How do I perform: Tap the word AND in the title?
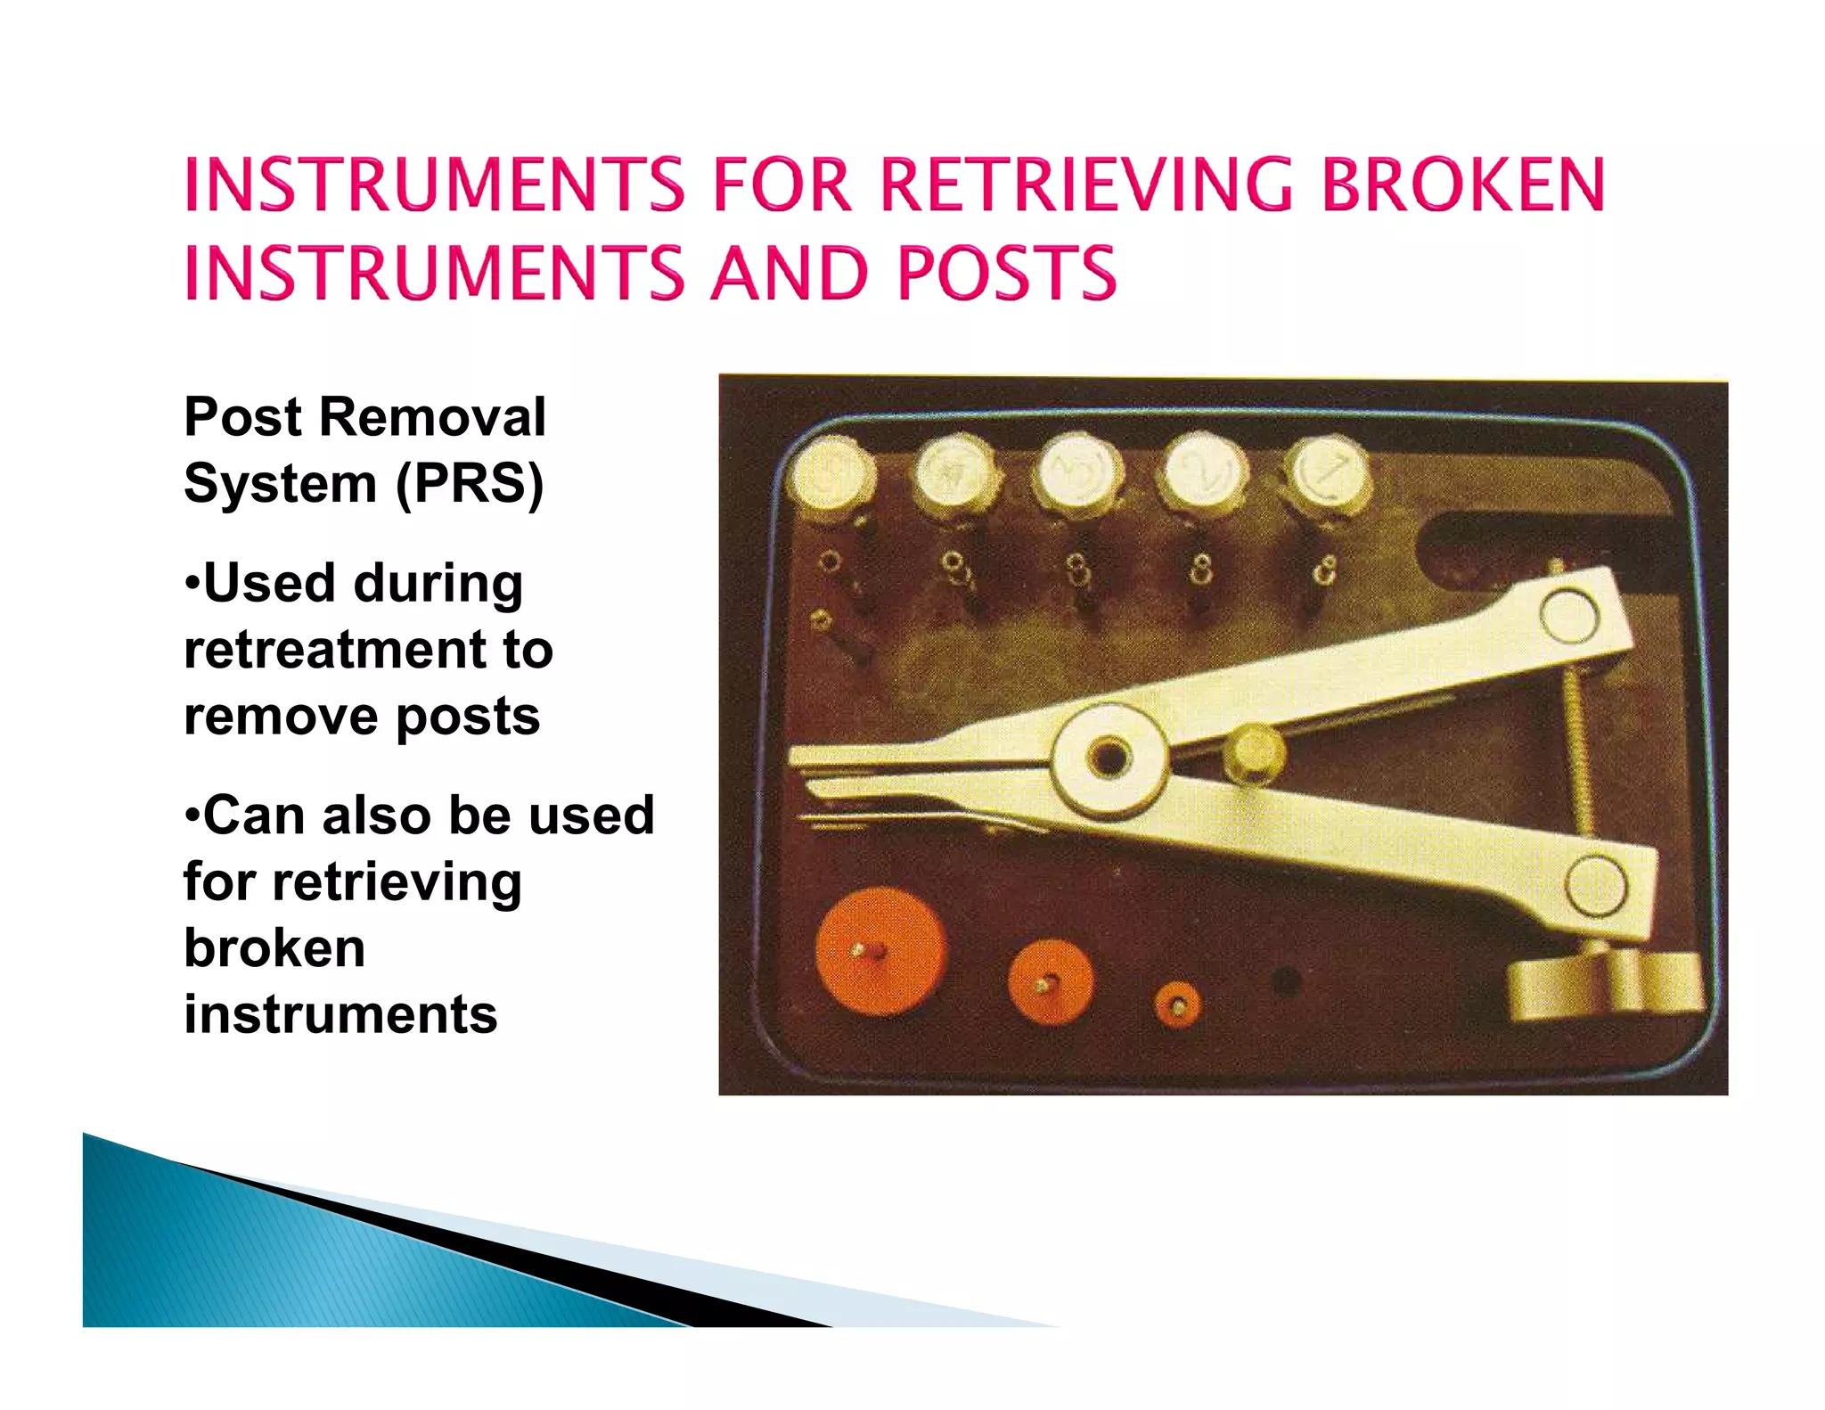point(789,273)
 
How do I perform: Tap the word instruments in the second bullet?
point(340,1014)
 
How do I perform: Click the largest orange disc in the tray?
point(880,951)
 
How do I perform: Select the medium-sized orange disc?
point(1050,982)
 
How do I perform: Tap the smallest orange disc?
point(1177,1006)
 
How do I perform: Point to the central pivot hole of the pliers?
point(1108,758)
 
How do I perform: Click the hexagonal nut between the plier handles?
point(1254,753)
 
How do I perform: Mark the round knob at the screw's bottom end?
point(1604,985)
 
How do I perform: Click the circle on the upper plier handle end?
point(1569,615)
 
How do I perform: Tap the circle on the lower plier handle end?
point(1595,885)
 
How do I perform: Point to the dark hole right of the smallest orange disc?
point(1286,980)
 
